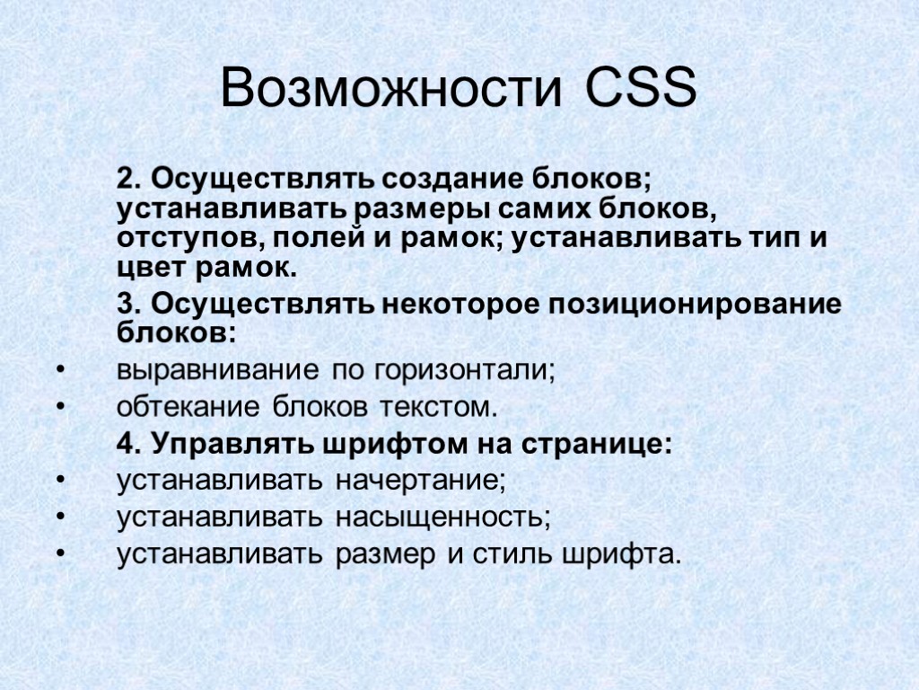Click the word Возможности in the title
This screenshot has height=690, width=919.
[x=392, y=91]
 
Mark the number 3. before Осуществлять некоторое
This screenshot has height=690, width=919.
[x=127, y=304]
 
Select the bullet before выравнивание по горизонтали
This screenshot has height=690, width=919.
[x=60, y=370]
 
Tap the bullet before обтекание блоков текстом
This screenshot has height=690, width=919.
[x=60, y=408]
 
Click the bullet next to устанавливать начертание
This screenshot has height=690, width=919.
[x=60, y=481]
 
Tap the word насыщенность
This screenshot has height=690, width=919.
[x=442, y=517]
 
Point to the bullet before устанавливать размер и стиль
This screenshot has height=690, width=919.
[x=60, y=554]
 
